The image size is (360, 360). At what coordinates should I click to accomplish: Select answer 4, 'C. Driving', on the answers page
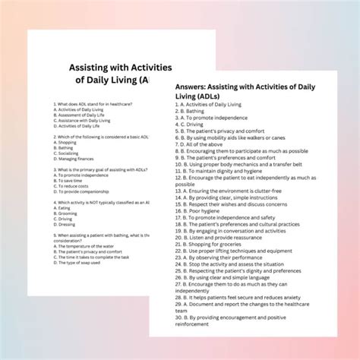click(201, 123)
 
